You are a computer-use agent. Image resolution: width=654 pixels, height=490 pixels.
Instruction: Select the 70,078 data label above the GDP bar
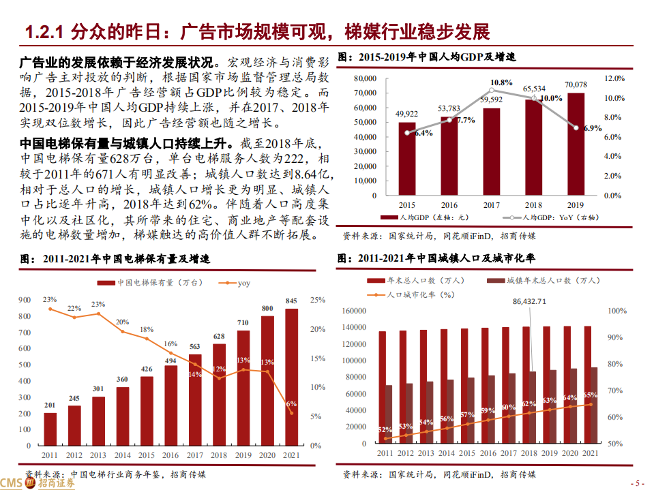click(575, 85)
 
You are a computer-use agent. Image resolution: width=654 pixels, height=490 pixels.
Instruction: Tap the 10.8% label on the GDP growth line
click(501, 82)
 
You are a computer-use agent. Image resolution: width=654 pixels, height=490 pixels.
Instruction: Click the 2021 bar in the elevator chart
click(291, 376)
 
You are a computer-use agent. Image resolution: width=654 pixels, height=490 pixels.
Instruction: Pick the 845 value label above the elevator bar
click(291, 301)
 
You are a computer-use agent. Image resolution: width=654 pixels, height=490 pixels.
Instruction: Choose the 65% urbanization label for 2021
click(591, 395)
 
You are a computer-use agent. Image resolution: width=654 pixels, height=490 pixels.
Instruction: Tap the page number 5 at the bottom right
click(639, 483)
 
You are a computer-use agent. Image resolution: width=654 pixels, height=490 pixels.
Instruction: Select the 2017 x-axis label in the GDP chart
click(491, 204)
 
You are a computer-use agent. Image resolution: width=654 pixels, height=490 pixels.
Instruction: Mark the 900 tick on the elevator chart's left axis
click(25, 300)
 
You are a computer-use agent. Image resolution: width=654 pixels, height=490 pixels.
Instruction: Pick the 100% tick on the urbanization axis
click(617, 311)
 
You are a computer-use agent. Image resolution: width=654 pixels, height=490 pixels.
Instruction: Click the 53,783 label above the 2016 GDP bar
click(449, 108)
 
